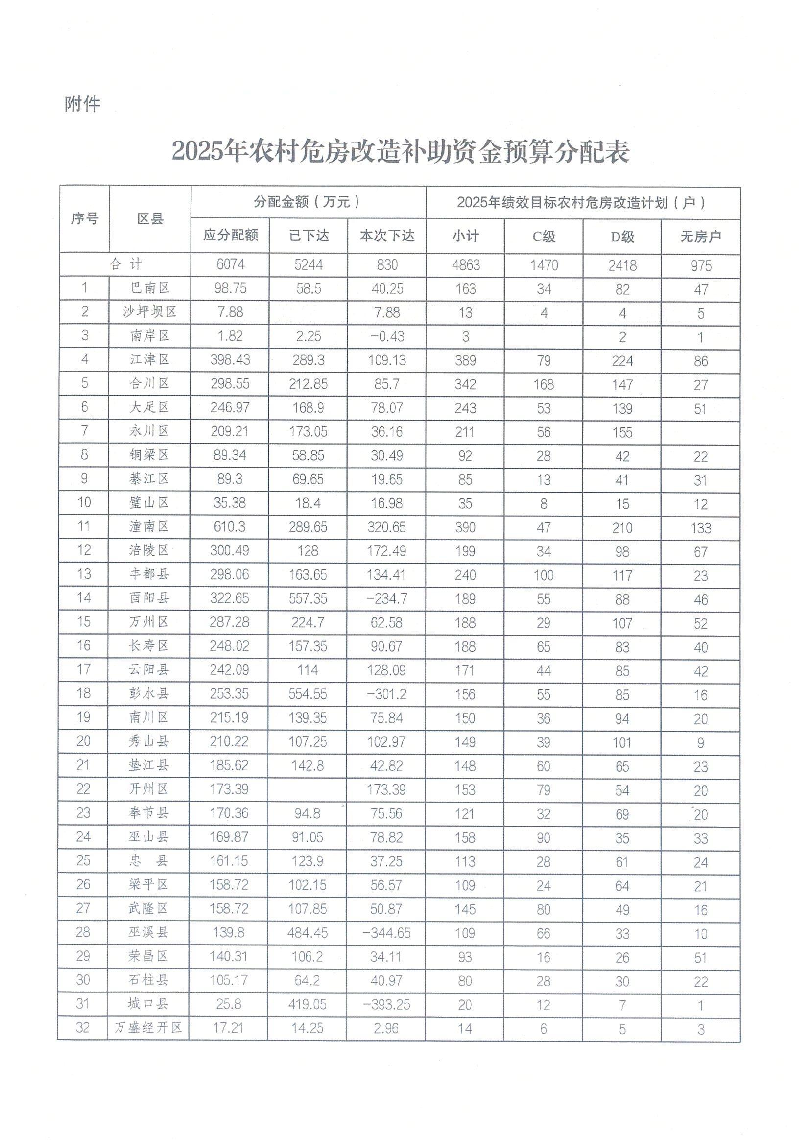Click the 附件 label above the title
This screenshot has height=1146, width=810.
pyautogui.click(x=82, y=104)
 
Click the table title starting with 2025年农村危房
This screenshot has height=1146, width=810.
pyautogui.click(x=400, y=151)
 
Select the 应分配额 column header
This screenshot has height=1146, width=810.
pyautogui.click(x=230, y=235)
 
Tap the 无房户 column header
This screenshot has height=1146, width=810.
pyautogui.click(x=701, y=236)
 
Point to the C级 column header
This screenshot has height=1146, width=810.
pyautogui.click(x=544, y=236)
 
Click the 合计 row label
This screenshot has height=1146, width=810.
pyautogui.click(x=125, y=264)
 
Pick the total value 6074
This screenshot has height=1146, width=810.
pyautogui.click(x=230, y=264)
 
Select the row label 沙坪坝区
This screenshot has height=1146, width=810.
pyautogui.click(x=150, y=312)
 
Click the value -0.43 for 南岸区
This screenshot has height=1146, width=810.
pyautogui.click(x=387, y=336)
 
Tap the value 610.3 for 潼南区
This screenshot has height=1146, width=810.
pyautogui.click(x=230, y=526)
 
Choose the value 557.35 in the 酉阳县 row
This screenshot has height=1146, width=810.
pyautogui.click(x=308, y=598)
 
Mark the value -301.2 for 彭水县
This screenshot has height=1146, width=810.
pyautogui.click(x=386, y=693)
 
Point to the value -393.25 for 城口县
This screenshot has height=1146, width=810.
pyautogui.click(x=386, y=1004)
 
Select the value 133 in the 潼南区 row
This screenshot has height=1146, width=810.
pyautogui.click(x=701, y=527)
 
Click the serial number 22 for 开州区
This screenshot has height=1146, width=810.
pyautogui.click(x=83, y=788)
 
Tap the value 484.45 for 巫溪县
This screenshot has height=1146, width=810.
pyautogui.click(x=308, y=932)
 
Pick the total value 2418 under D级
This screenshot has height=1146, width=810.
pyautogui.click(x=622, y=265)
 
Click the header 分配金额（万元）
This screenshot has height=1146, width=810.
pyautogui.click(x=308, y=202)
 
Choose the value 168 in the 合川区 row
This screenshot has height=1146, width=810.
pyautogui.click(x=544, y=384)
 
